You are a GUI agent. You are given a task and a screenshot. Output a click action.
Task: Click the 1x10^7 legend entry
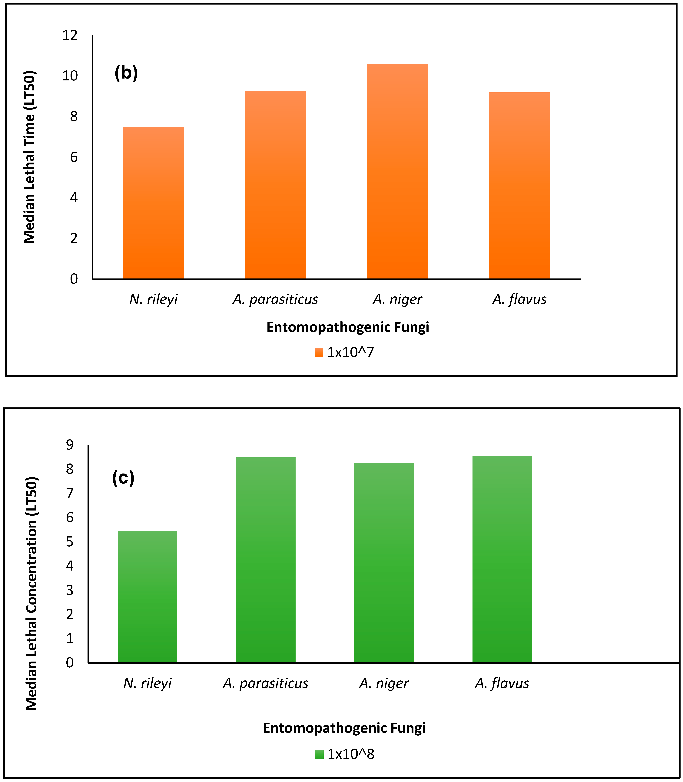click(x=344, y=352)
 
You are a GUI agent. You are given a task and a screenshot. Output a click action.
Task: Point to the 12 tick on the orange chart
click(x=70, y=35)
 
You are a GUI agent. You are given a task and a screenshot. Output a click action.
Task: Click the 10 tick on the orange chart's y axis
click(x=70, y=76)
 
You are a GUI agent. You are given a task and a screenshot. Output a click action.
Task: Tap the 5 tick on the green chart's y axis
click(x=70, y=542)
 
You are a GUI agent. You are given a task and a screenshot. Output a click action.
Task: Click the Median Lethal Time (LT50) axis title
click(x=29, y=157)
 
